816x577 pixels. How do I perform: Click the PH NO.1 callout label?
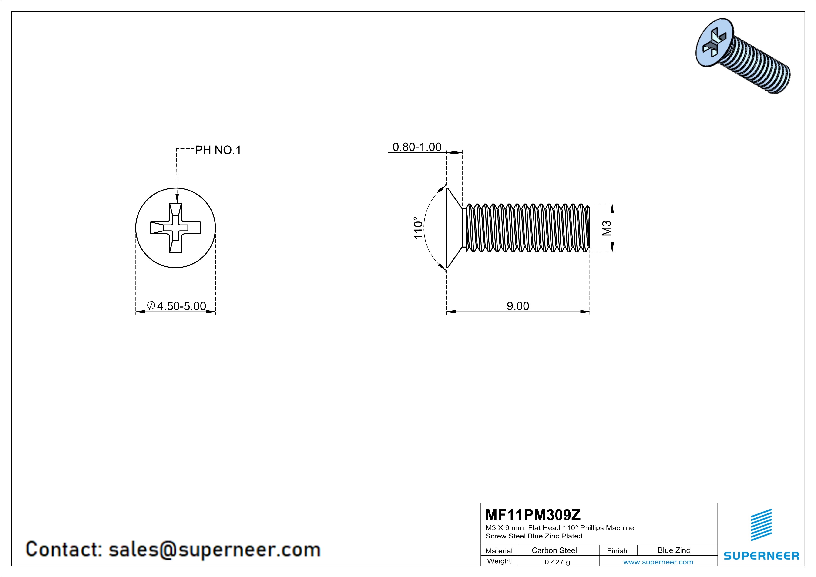218,150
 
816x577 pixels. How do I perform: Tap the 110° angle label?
418,228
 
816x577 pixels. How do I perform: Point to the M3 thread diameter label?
607,228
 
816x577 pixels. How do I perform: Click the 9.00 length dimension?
517,306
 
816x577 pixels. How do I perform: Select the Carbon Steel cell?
554,550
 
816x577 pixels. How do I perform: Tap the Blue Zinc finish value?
673,550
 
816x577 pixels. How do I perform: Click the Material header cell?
499,551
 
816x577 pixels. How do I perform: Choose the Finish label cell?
617,551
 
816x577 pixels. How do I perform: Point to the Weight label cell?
499,561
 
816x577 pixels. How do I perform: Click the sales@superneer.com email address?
214,549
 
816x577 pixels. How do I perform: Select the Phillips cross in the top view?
176,228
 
